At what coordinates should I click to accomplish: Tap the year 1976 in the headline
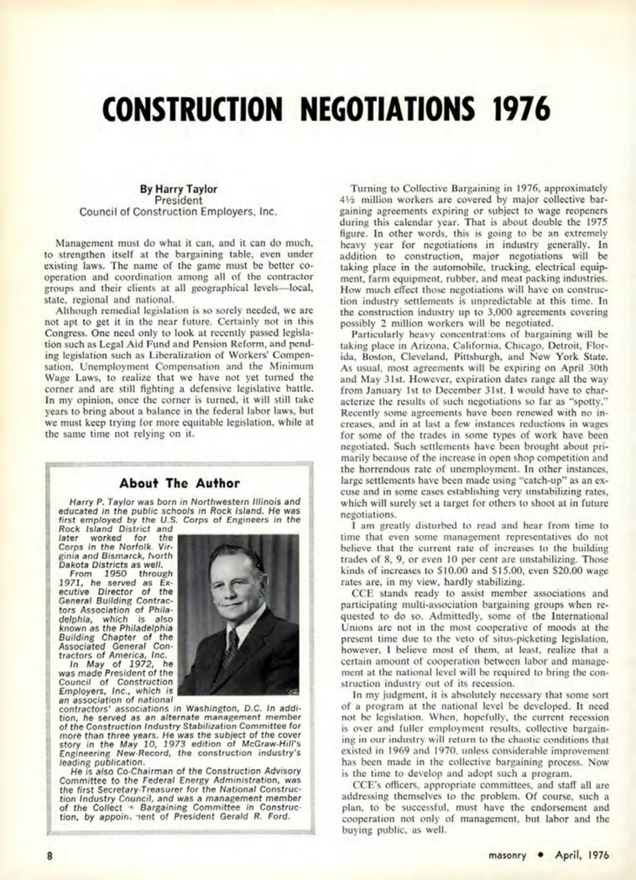520,110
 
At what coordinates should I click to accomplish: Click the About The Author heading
179,483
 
